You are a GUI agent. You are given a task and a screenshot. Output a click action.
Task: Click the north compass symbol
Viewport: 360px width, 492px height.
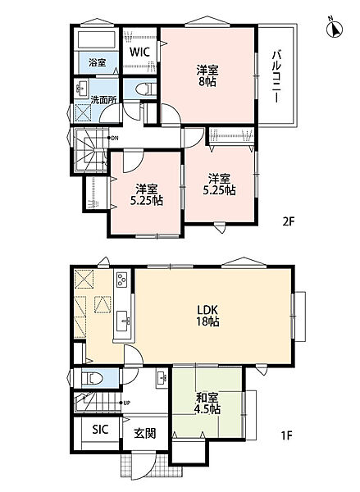(335, 29)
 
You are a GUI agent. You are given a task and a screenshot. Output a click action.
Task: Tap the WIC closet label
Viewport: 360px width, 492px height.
(139, 52)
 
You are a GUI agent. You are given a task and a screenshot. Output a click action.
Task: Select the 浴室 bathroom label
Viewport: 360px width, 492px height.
(97, 62)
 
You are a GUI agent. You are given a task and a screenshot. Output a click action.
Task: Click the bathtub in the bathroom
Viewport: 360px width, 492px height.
(97, 40)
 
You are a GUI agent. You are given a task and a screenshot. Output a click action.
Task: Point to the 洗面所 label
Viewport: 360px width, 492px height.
(103, 100)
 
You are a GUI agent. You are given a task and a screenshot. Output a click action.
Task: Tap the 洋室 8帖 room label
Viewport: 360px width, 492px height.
(207, 75)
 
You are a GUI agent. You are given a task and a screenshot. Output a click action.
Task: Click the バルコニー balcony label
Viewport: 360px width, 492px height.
(276, 76)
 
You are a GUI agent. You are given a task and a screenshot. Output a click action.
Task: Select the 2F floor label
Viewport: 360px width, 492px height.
(288, 222)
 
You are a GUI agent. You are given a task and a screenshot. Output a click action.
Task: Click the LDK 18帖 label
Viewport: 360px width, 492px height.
(207, 316)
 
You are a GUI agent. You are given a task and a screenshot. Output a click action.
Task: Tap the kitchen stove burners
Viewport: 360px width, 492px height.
(121, 280)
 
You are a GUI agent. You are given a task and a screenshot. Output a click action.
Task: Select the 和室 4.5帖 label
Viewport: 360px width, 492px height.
(208, 403)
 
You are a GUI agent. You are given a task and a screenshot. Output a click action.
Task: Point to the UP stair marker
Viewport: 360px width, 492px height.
(125, 403)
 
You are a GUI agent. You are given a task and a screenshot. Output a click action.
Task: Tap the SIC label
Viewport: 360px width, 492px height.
(100, 430)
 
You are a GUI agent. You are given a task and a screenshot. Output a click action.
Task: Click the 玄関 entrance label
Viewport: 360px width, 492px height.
(145, 434)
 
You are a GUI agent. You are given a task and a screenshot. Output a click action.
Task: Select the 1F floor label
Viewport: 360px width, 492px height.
(286, 435)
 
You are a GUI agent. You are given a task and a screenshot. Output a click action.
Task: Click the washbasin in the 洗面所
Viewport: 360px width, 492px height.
(82, 89)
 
